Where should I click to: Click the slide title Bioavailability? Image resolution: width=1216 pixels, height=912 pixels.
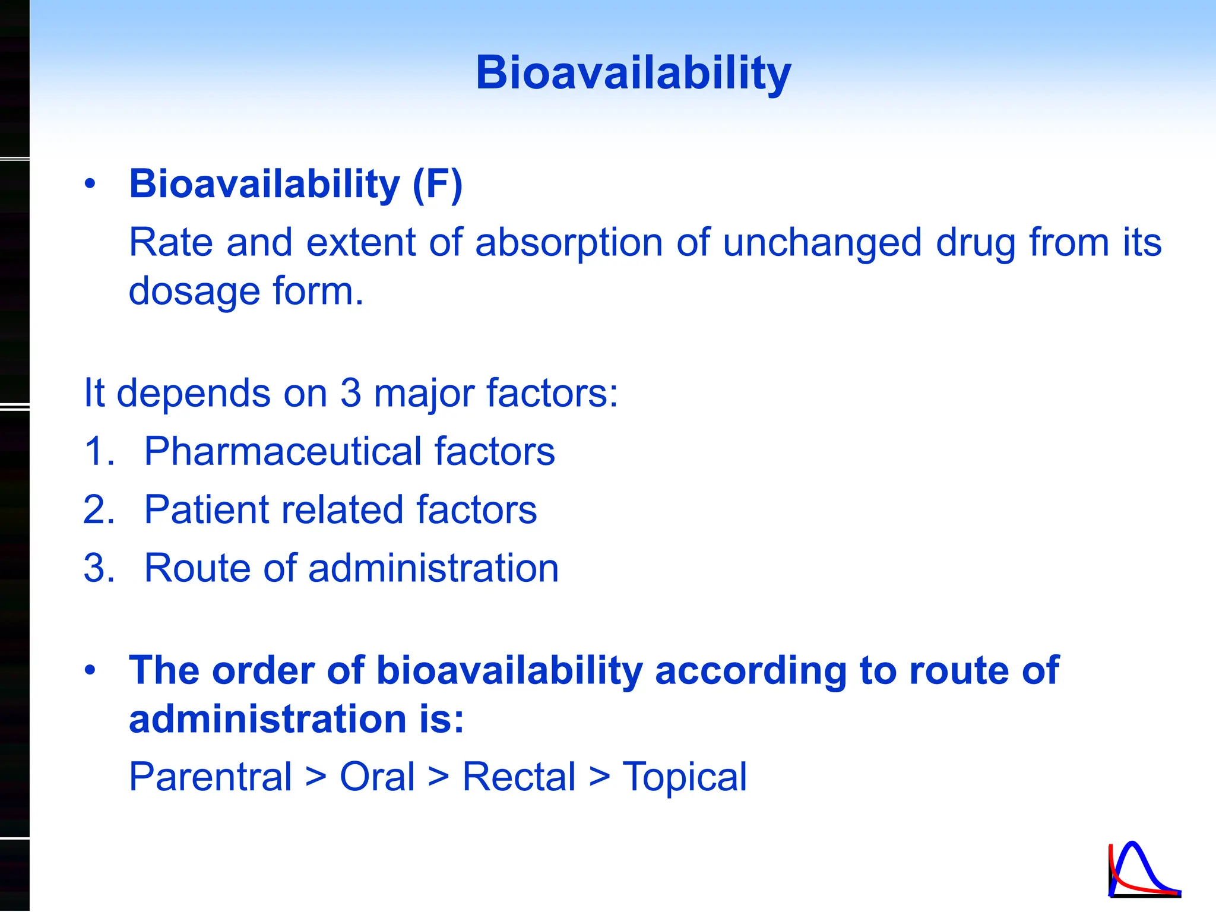click(x=633, y=72)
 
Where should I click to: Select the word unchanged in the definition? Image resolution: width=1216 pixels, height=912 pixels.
click(x=822, y=243)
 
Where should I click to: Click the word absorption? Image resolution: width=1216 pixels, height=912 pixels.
click(x=568, y=243)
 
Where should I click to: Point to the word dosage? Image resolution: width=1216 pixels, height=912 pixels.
click(x=194, y=292)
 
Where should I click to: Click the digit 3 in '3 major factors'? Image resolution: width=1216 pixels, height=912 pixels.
click(x=350, y=393)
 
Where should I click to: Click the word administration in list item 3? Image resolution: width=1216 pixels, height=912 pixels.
click(x=433, y=568)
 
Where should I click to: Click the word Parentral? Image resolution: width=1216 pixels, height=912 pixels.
click(x=210, y=777)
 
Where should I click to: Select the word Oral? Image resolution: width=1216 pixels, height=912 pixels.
click(x=376, y=777)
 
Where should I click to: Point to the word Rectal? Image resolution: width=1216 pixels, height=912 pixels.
click(x=518, y=777)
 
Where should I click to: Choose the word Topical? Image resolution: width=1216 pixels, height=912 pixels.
click(x=684, y=777)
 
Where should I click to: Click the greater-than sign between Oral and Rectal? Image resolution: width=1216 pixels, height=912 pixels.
click(x=438, y=777)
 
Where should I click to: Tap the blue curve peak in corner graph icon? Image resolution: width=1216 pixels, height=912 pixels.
click(x=1133, y=844)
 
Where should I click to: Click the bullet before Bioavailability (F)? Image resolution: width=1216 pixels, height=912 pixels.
click(x=90, y=184)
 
